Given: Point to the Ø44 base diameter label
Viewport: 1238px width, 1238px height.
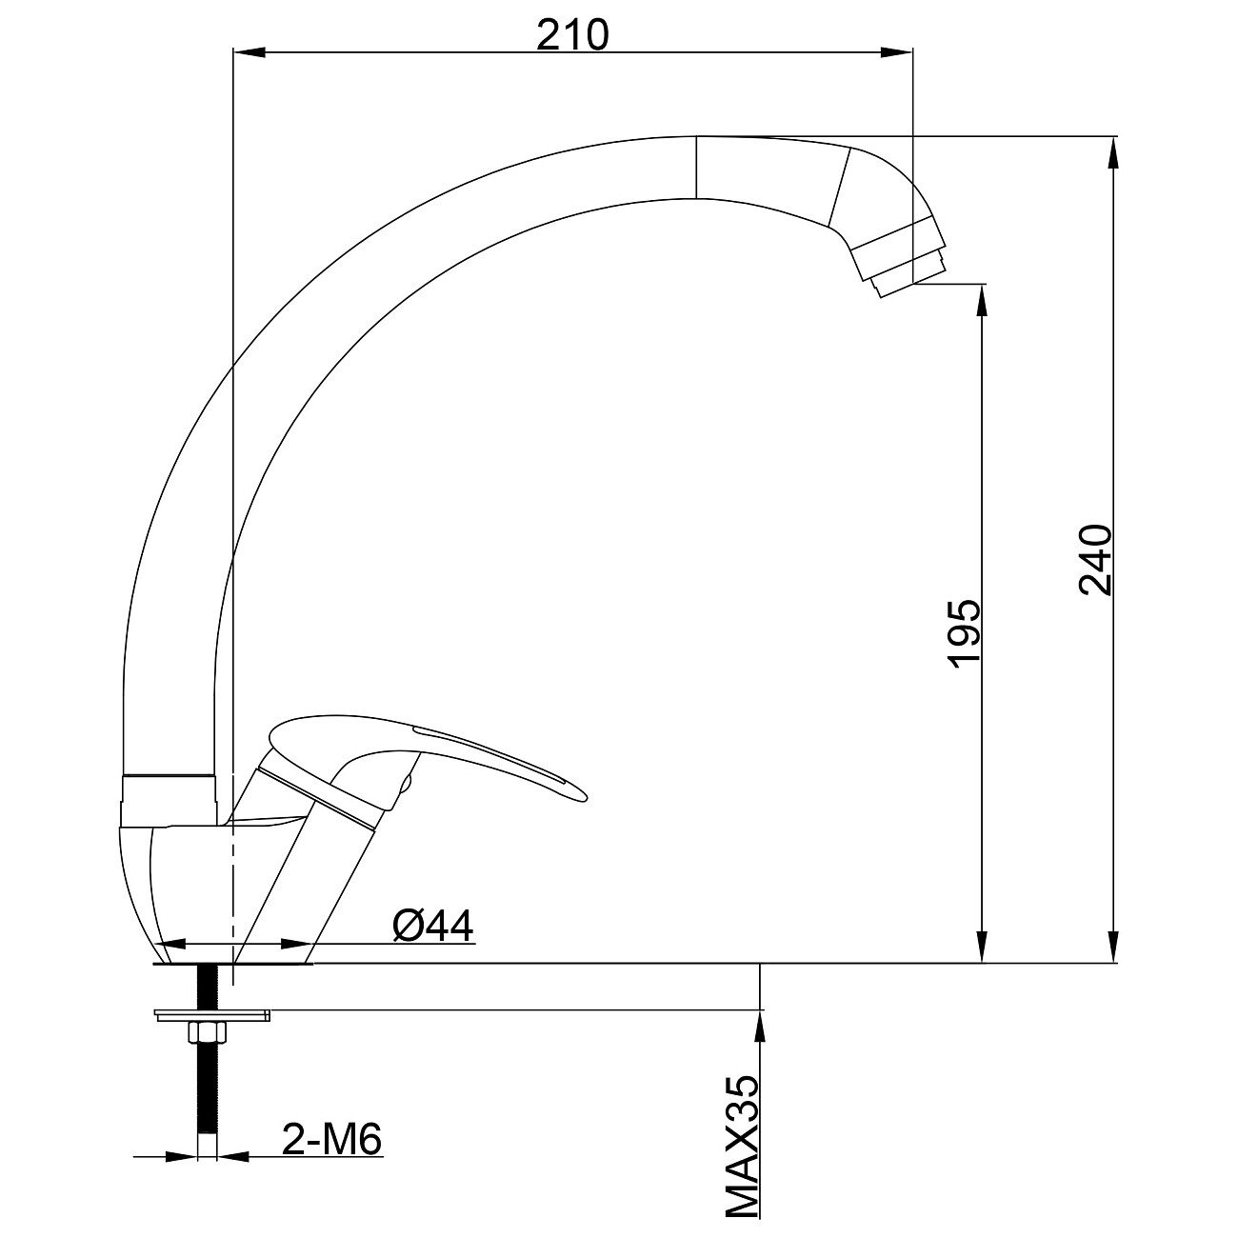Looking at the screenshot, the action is click(x=433, y=926).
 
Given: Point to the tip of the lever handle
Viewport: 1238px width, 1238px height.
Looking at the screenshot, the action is click(x=586, y=799).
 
